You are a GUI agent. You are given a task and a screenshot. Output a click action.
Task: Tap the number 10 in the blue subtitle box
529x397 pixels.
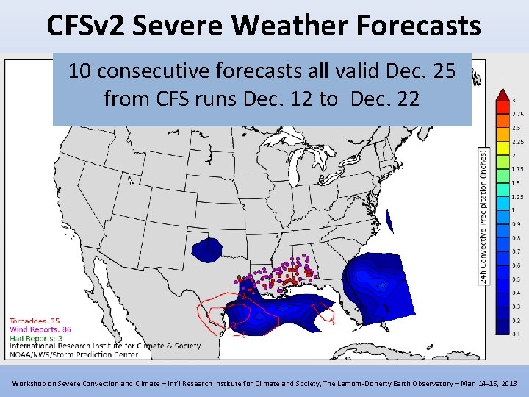pyautogui.click(x=80, y=71)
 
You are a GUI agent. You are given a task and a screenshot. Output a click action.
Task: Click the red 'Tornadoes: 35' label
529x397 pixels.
pyautogui.click(x=35, y=321)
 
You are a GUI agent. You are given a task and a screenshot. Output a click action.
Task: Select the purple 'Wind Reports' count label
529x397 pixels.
pyautogui.click(x=40, y=329)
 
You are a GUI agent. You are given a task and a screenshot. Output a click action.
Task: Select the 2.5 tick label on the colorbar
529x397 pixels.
pyautogui.click(x=516, y=128)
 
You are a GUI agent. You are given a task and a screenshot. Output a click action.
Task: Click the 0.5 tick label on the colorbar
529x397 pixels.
pyautogui.click(x=516, y=279)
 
